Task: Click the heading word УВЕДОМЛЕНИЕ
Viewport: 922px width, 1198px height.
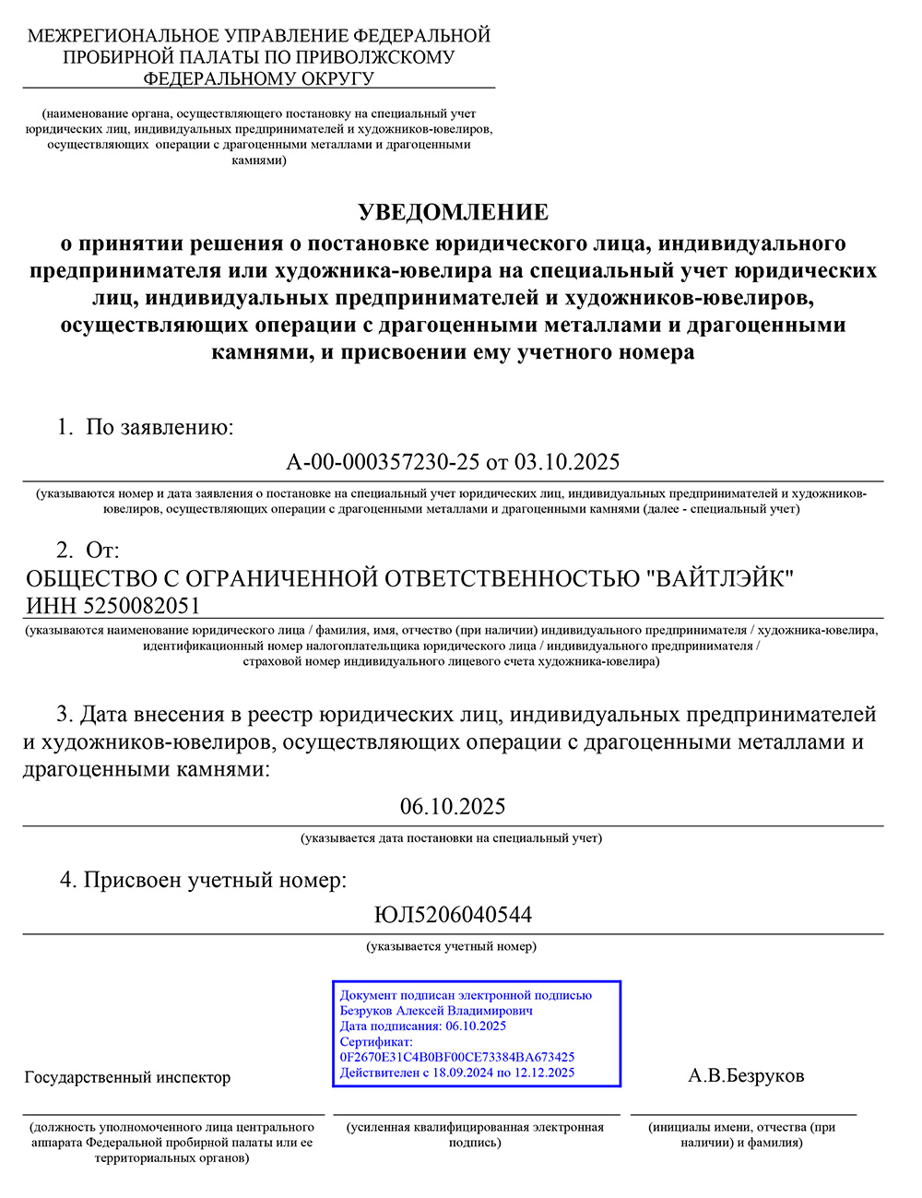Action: tap(453, 212)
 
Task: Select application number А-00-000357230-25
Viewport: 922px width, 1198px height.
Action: tap(384, 461)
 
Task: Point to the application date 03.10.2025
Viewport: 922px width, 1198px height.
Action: tap(567, 461)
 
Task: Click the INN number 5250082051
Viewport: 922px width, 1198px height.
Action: tap(141, 606)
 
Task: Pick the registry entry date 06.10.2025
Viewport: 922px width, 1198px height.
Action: tap(453, 807)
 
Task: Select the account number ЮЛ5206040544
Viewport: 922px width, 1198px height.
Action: tap(453, 915)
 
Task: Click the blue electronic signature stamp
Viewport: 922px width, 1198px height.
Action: tap(477, 1033)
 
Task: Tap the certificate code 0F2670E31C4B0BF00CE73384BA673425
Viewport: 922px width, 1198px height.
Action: tap(457, 1057)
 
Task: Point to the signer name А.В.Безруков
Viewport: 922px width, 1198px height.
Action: tap(746, 1076)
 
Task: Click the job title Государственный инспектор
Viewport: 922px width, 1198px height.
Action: tap(127, 1077)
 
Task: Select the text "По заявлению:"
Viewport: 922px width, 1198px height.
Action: tap(160, 427)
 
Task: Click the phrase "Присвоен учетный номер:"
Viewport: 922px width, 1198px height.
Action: tap(215, 880)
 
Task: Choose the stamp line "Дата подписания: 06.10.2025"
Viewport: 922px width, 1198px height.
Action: tap(423, 1026)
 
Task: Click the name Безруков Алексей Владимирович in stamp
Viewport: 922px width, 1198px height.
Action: tap(436, 1011)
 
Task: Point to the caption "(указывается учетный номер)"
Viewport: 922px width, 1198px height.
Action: tap(452, 946)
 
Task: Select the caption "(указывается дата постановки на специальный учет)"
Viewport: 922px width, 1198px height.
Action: tap(451, 838)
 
